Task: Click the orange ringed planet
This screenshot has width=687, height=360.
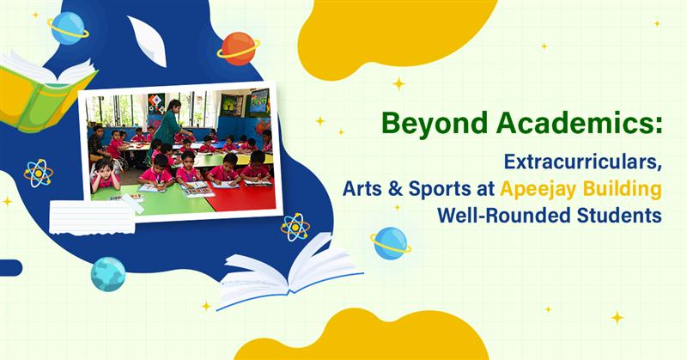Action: click(x=238, y=48)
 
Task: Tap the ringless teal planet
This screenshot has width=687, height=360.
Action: click(x=108, y=274)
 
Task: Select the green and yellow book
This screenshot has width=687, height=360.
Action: click(x=43, y=90)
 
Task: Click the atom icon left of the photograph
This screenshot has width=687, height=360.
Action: click(x=38, y=173)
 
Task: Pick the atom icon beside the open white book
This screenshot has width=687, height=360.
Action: click(x=295, y=227)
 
